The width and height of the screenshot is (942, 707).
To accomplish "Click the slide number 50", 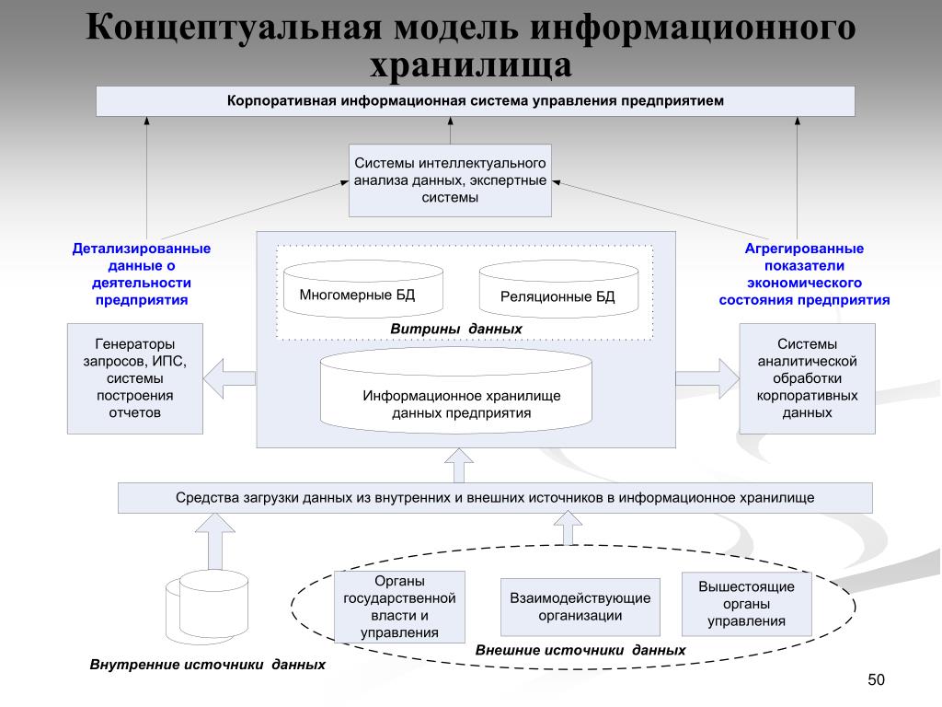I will (875, 679).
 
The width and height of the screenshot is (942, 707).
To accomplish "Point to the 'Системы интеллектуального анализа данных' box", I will (450, 180).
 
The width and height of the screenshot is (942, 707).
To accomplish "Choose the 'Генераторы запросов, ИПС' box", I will (134, 378).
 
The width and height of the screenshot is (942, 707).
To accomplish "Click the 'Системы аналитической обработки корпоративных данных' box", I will (807, 378).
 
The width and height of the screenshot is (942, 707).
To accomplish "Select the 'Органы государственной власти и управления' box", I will (399, 607).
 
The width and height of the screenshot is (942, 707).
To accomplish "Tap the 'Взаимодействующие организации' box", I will (580, 607).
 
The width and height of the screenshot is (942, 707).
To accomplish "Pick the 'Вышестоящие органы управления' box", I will (746, 604).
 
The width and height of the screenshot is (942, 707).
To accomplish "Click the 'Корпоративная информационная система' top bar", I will (476, 100).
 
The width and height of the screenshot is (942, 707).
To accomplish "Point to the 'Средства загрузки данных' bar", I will (495, 498).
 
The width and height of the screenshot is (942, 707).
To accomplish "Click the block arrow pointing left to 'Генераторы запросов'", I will (229, 377).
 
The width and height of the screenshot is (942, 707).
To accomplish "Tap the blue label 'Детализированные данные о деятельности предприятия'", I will (142, 274).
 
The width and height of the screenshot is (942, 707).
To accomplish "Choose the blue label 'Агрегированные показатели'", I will (803, 274).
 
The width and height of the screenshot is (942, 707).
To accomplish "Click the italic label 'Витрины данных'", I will (456, 329).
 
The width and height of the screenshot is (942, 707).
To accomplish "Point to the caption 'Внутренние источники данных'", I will (207, 665).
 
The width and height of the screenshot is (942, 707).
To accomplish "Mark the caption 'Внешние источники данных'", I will (580, 650).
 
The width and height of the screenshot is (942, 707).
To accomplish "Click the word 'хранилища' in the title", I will (471, 64).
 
